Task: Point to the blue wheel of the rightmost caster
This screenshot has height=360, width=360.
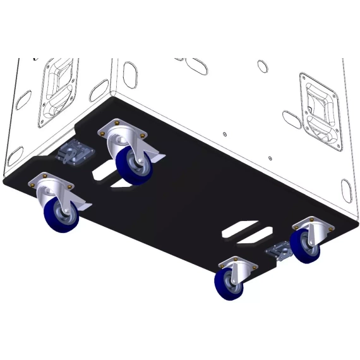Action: [x=306, y=246]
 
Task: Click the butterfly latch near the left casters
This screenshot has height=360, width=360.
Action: [x=74, y=152]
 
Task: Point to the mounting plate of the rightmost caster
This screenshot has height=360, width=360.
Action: [x=310, y=223]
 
